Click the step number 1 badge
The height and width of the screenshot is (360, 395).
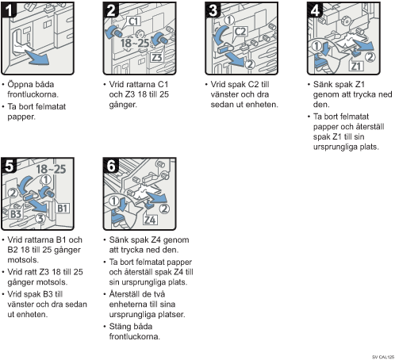click(x=9, y=10)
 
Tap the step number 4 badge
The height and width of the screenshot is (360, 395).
click(x=315, y=10)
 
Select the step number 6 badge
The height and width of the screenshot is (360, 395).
click(x=110, y=166)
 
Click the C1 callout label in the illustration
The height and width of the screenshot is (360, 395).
click(x=134, y=21)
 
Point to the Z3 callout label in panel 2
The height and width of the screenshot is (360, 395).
click(x=157, y=57)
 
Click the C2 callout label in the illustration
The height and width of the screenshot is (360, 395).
click(x=240, y=32)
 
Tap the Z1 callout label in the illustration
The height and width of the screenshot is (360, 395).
click(x=356, y=66)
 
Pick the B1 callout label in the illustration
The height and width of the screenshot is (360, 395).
click(x=62, y=209)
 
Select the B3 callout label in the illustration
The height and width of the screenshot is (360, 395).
click(x=16, y=213)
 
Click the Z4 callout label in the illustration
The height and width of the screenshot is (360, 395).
click(x=150, y=220)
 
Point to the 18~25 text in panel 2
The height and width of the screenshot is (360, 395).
click(x=135, y=43)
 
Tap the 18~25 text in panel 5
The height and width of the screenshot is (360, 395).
click(x=51, y=169)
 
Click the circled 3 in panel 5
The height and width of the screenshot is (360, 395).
click(x=40, y=219)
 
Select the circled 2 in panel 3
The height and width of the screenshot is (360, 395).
click(x=250, y=64)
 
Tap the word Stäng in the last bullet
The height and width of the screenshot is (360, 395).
click(x=120, y=327)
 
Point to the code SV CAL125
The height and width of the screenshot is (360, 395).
click(x=383, y=357)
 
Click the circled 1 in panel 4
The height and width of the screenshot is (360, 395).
click(x=316, y=46)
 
